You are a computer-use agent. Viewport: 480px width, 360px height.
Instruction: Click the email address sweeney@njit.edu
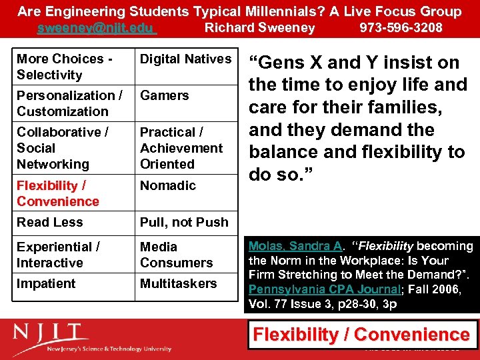pyautogui.click(x=96, y=28)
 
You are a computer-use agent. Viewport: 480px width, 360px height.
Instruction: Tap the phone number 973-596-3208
pyautogui.click(x=401, y=28)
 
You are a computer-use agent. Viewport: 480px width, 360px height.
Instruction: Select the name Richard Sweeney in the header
pyautogui.click(x=259, y=28)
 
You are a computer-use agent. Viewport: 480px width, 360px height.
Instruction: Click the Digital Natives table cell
pyautogui.click(x=185, y=59)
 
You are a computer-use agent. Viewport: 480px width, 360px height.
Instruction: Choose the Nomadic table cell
pyautogui.click(x=168, y=185)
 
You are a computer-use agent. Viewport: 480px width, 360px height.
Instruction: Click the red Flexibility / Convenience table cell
pyautogui.click(x=58, y=193)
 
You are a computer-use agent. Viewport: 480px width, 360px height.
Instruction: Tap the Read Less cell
pyautogui.click(x=50, y=222)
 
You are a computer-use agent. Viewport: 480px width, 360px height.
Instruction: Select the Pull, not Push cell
pyautogui.click(x=184, y=222)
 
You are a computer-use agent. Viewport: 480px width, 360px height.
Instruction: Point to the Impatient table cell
pyautogui.click(x=47, y=283)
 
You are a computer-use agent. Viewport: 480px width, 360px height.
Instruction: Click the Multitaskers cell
pyautogui.click(x=178, y=283)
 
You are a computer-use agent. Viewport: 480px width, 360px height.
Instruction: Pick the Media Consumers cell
pyautogui.click(x=176, y=255)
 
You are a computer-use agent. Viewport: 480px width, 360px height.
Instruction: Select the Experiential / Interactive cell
pyautogui.click(x=59, y=255)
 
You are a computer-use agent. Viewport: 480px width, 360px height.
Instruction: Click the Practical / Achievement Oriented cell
pyautogui.click(x=181, y=148)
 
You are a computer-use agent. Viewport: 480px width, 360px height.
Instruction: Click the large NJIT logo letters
pyautogui.click(x=51, y=333)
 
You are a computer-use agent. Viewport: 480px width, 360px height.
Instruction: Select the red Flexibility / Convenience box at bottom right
pyautogui.click(x=363, y=335)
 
